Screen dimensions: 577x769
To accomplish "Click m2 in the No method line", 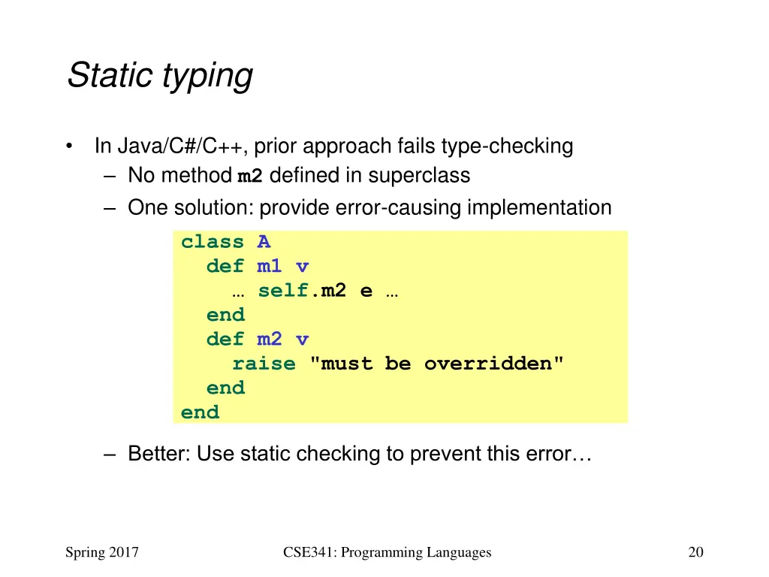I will [249, 177].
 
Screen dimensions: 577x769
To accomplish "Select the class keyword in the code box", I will [213, 242].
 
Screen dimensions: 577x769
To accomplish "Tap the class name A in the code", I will [264, 242].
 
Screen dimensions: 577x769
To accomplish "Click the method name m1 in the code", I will [270, 267].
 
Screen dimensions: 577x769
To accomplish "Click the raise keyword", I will [264, 364].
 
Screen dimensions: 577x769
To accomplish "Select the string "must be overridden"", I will [436, 364].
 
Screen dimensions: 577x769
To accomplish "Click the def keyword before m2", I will [225, 340].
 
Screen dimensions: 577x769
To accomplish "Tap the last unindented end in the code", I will [200, 412].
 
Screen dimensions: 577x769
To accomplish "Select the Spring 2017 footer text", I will [102, 553].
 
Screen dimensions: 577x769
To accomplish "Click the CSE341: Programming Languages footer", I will [387, 553].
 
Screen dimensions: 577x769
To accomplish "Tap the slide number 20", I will [695, 553].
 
